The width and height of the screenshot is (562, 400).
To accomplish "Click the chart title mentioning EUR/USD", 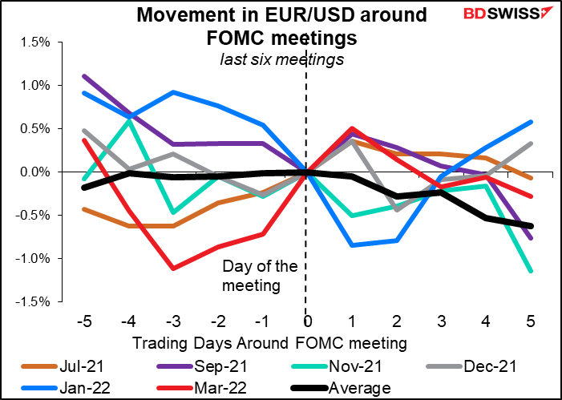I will coord(280,26).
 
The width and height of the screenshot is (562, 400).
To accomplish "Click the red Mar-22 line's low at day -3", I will coord(173,269).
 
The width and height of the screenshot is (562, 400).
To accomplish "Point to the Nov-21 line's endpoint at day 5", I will coord(553,272).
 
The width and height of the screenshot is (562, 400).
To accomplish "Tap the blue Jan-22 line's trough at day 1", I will coord(350,245).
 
